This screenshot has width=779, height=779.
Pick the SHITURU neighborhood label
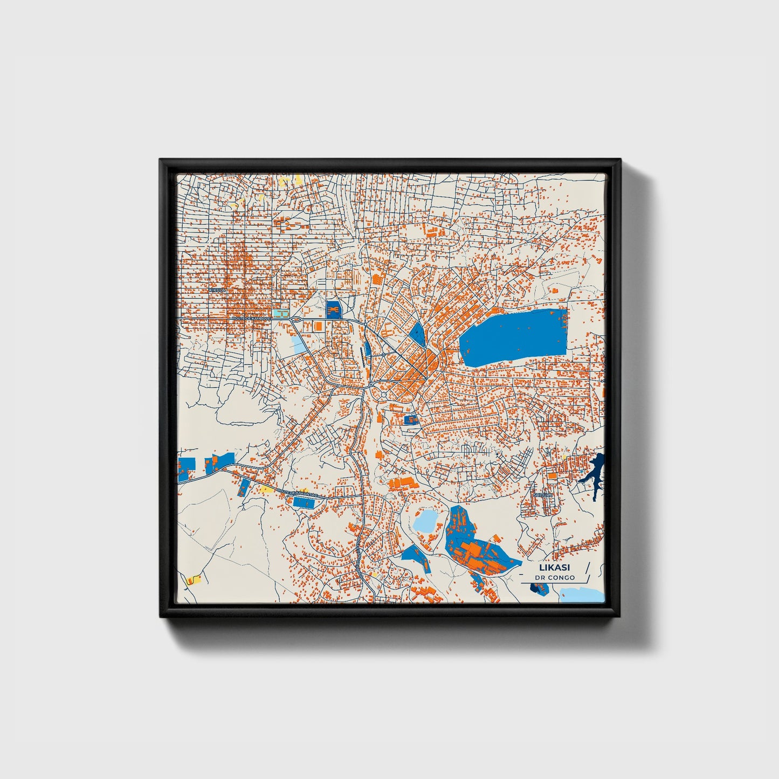click(x=542, y=494)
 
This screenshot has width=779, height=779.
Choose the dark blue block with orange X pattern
click(x=334, y=309)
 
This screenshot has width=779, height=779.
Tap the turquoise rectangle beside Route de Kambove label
click(x=280, y=313)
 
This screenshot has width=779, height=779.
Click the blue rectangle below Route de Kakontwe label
click(x=304, y=502)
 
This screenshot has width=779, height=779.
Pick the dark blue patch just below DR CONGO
click(x=540, y=588)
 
